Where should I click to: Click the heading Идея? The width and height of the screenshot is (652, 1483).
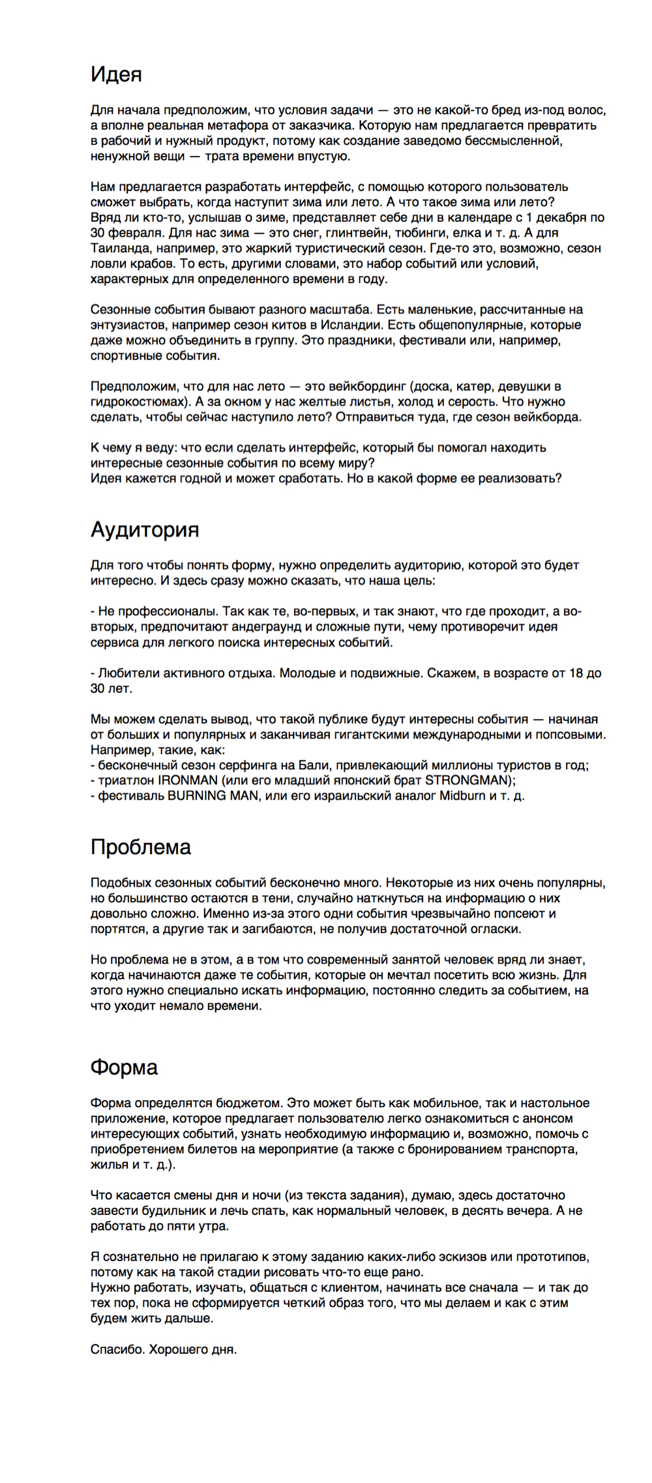coord(116,74)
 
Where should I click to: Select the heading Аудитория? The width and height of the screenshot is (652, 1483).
coord(144,529)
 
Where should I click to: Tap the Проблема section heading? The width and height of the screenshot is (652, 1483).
coord(140,847)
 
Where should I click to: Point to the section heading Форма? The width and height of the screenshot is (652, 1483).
coord(124,1067)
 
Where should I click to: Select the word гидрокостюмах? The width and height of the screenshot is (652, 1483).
coord(136,402)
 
